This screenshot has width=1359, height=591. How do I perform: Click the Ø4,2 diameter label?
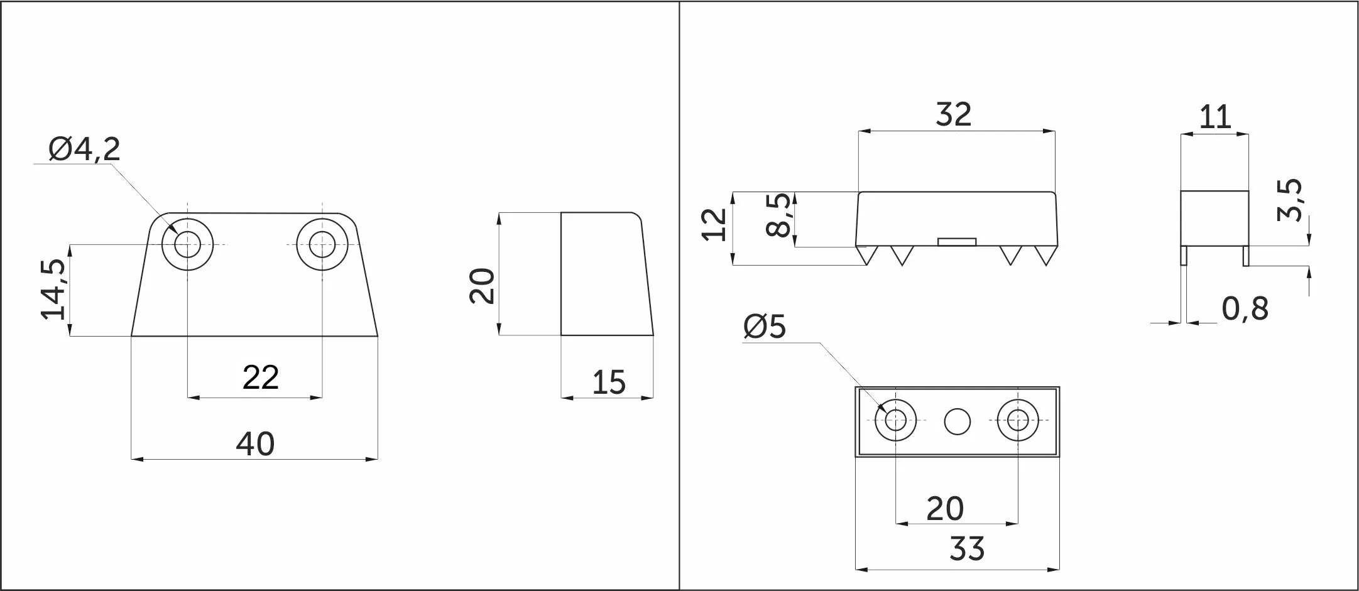(x=84, y=149)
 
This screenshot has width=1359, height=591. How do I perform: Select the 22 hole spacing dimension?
(x=260, y=377)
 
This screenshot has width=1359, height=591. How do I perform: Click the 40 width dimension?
(x=255, y=443)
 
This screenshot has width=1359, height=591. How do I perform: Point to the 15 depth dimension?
(x=609, y=382)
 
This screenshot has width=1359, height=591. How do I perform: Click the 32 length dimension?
(x=954, y=114)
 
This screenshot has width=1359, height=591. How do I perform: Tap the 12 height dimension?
(x=714, y=224)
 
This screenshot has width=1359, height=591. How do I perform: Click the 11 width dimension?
(x=1215, y=117)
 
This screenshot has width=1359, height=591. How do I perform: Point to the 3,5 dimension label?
(x=1290, y=200)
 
